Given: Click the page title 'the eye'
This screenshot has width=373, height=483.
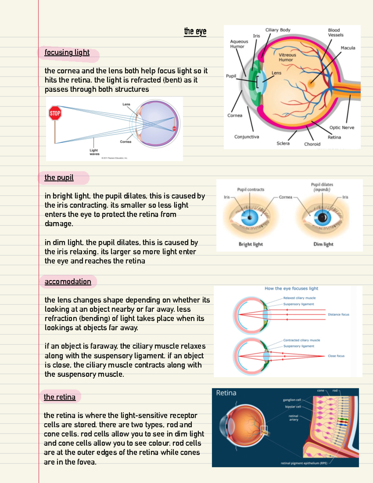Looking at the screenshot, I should click(x=195, y=31).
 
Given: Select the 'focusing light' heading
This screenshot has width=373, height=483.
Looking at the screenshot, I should click(x=67, y=53).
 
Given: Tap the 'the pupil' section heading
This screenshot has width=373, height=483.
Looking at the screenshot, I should click(x=59, y=178).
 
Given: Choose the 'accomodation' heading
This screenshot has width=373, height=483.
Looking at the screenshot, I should click(x=68, y=282).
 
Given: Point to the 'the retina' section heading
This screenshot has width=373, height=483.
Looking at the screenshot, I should click(x=60, y=397).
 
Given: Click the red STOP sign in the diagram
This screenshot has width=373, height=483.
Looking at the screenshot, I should click(x=55, y=113).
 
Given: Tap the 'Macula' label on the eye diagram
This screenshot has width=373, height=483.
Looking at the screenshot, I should click(x=348, y=48).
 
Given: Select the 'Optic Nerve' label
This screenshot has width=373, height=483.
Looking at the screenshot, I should click(x=342, y=128).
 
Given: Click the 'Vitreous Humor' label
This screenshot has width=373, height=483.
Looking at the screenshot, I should click(x=287, y=57).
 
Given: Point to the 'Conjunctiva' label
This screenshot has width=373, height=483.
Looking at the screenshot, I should click(x=246, y=137).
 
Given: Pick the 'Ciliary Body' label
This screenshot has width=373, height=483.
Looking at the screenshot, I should click(x=278, y=30).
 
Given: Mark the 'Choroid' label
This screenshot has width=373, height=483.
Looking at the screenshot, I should click(x=312, y=144).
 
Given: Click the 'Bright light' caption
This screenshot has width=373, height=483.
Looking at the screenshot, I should click(x=251, y=244).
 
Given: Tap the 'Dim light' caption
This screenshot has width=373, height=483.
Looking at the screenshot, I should click(x=323, y=244).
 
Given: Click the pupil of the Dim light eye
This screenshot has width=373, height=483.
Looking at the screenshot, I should click(x=322, y=217).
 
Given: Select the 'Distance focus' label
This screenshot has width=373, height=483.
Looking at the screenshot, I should click(x=338, y=314).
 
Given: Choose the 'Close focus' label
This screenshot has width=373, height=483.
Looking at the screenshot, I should click(x=336, y=356).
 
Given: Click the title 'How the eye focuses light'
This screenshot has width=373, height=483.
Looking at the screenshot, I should click(x=291, y=289).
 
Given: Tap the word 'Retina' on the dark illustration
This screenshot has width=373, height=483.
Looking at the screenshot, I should click(x=226, y=393).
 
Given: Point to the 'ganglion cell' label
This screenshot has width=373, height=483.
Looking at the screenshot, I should click(x=292, y=400).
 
